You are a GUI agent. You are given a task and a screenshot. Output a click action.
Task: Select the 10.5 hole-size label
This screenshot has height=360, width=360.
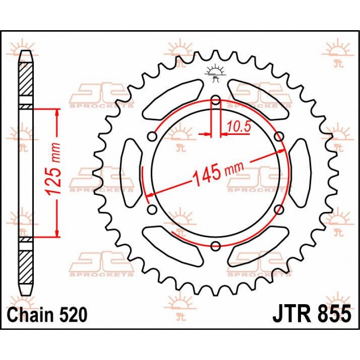point(239,126)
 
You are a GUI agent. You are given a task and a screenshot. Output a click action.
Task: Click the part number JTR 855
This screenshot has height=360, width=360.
point(312,313)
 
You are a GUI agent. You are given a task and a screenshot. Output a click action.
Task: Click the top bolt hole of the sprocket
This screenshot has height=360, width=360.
point(216,100)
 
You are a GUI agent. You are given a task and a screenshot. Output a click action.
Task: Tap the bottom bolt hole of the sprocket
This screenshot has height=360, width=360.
point(216,246)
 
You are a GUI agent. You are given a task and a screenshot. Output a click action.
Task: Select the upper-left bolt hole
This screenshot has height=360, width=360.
point(152,137)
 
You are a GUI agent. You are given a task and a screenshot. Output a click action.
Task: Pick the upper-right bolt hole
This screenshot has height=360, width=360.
point(279,137)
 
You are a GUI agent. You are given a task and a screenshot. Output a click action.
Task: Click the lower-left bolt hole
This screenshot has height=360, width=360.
point(152,209)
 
